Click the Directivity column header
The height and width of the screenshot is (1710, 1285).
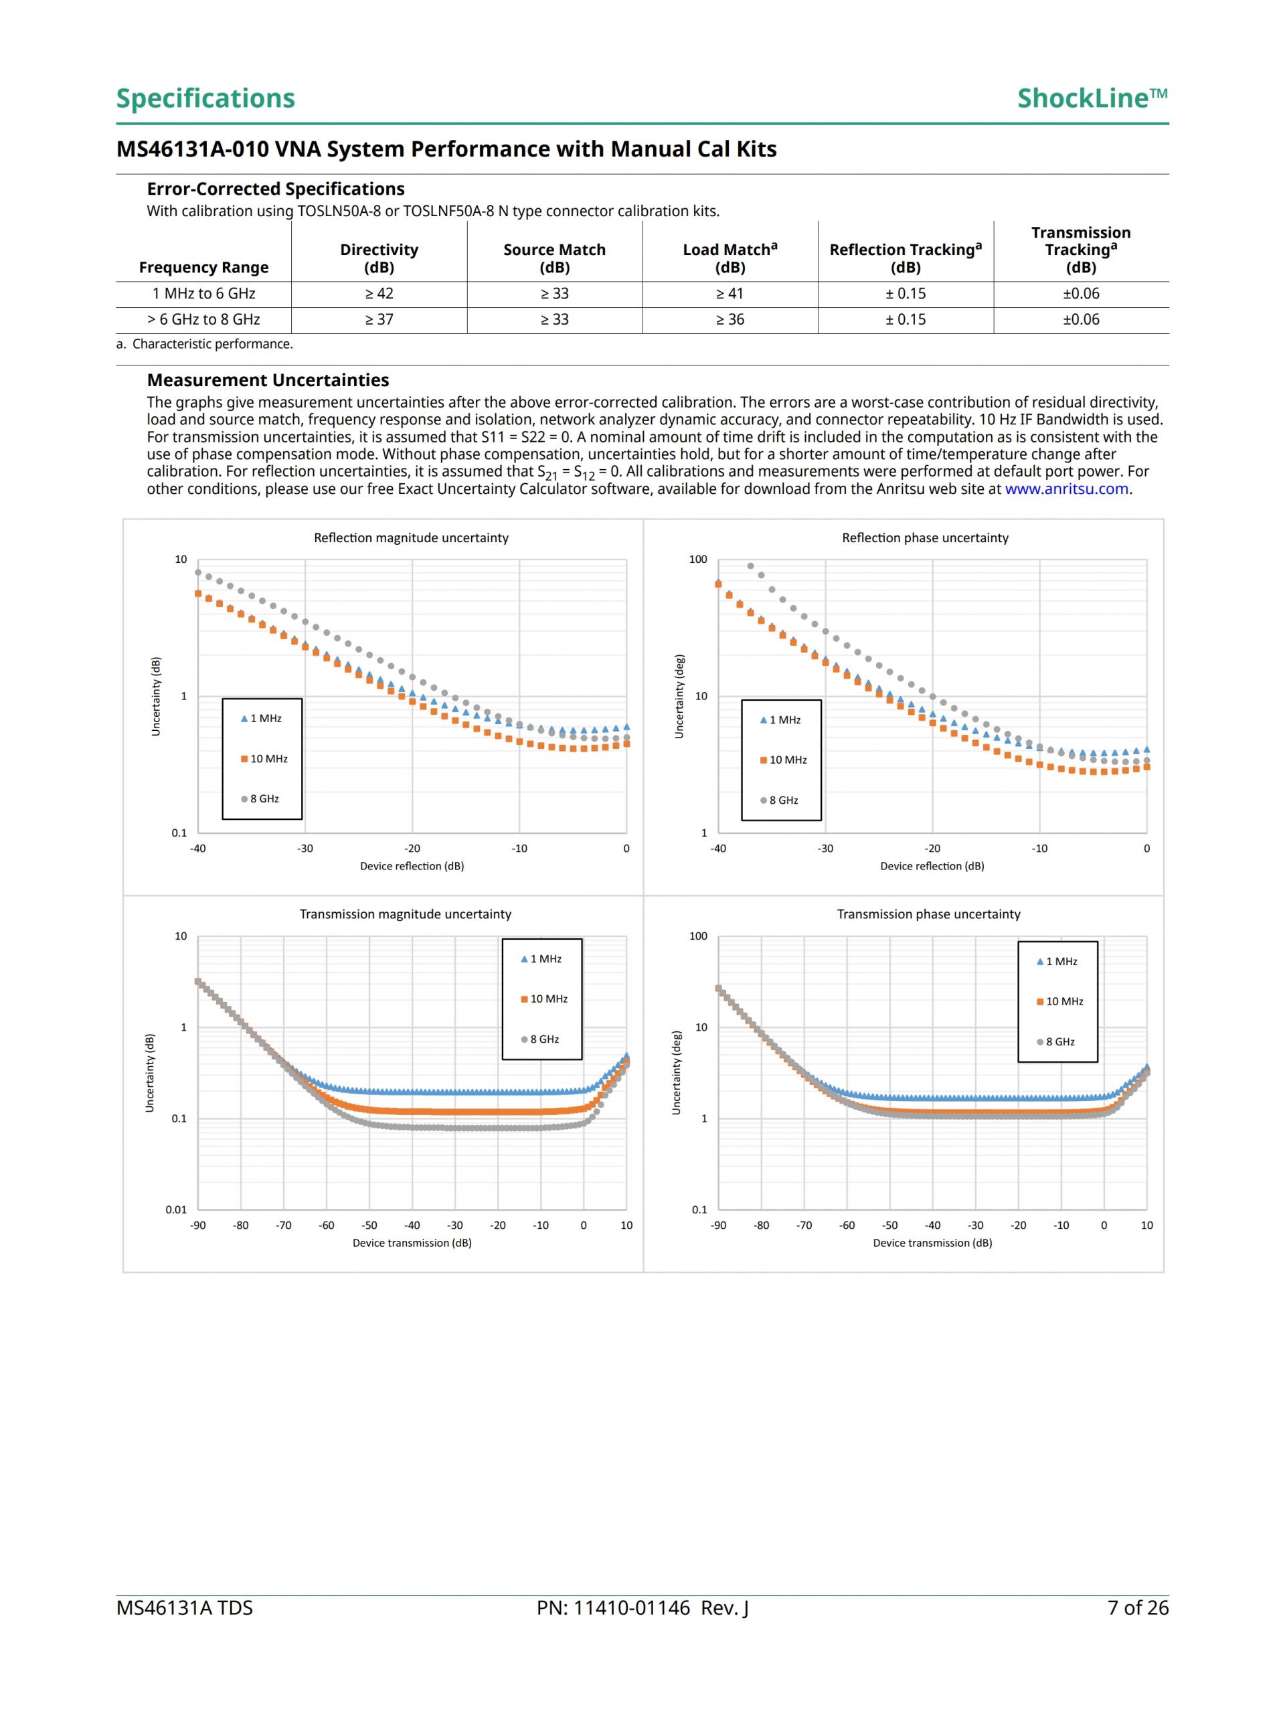coord(379,258)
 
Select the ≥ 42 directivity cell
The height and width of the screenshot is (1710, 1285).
coord(379,294)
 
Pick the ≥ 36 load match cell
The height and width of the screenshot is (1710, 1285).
coord(730,319)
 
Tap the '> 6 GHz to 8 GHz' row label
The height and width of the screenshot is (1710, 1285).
coord(203,319)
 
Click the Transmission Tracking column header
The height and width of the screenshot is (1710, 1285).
coord(1080,250)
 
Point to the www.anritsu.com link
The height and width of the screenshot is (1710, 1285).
coord(1066,489)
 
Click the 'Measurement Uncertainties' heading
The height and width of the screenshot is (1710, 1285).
coord(268,379)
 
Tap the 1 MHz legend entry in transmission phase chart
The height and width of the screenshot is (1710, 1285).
coord(1057,961)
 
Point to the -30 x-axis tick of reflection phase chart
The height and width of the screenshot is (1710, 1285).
coord(826,848)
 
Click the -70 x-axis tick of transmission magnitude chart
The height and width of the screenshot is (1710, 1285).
coord(284,1225)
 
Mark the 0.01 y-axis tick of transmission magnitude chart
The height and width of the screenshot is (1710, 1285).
coord(176,1209)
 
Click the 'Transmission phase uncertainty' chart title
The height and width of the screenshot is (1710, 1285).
coord(928,914)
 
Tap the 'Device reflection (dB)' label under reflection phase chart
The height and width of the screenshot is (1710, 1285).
coord(932,866)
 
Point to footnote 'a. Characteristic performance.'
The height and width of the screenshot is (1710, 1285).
coord(205,344)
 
